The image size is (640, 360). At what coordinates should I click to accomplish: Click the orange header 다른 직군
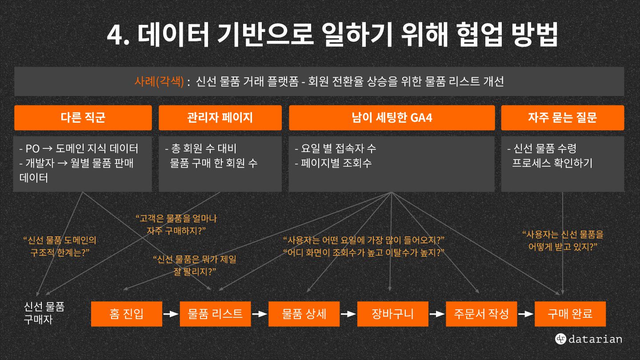(83, 118)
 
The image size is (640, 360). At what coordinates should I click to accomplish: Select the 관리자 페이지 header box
(220, 118)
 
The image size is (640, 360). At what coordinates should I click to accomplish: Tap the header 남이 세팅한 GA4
(392, 118)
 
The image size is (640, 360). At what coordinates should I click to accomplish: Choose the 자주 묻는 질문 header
(562, 118)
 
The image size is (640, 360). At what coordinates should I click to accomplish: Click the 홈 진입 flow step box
(127, 314)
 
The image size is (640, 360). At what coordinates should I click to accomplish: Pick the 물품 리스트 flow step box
(215, 314)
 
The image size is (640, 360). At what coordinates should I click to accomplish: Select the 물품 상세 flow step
(304, 314)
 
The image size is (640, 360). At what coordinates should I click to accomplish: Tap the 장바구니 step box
(393, 314)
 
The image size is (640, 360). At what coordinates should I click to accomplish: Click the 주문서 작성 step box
(481, 314)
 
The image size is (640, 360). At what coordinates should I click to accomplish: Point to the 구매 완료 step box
(570, 314)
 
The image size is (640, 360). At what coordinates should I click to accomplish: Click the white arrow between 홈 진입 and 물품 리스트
(171, 314)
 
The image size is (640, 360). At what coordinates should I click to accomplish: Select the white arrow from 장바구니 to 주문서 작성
(437, 314)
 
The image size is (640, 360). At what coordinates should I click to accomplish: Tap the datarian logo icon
(560, 339)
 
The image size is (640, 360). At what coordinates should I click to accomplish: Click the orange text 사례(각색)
(159, 82)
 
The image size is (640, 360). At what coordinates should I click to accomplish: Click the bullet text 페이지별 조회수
(333, 163)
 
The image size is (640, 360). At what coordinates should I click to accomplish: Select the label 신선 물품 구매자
(44, 313)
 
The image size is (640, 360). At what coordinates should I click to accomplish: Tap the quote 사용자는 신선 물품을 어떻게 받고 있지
(562, 240)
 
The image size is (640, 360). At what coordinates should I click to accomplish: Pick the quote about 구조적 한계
(60, 246)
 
